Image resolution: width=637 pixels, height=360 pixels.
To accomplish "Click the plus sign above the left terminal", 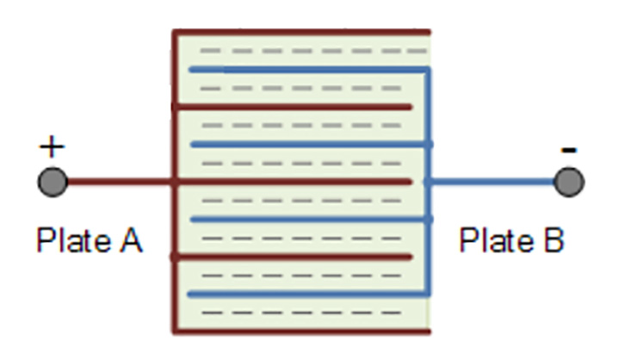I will pyautogui.click(x=52, y=147).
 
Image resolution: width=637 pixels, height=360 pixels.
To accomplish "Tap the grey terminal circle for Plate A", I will pyautogui.click(x=53, y=182).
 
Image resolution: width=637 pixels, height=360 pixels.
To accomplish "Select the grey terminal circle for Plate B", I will pyautogui.click(x=568, y=182).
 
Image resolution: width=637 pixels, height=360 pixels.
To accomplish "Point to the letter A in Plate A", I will pyautogui.click(x=130, y=240).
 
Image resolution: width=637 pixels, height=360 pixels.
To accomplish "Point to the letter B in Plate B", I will pyautogui.click(x=552, y=240).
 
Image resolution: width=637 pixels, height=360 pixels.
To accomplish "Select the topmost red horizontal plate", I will pyautogui.click(x=301, y=32).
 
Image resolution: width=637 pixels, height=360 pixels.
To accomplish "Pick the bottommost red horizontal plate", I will pyautogui.click(x=301, y=330).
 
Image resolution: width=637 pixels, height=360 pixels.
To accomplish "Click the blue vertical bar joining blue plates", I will pyautogui.click(x=429, y=215).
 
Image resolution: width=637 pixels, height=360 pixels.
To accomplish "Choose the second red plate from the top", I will pyautogui.click(x=293, y=107).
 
